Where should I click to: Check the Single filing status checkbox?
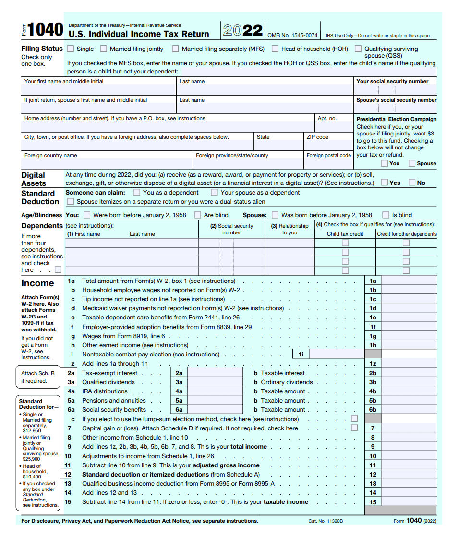click(x=71, y=49)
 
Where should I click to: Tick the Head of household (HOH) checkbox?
click(x=275, y=49)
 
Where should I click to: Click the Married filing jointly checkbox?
click(x=104, y=49)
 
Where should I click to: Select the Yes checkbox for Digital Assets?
click(x=385, y=183)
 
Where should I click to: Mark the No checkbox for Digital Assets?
click(x=412, y=183)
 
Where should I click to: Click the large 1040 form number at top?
click(x=45, y=30)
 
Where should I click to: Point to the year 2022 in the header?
click(x=243, y=31)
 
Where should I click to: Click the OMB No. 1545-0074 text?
click(x=292, y=35)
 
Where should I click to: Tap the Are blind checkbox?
click(x=197, y=215)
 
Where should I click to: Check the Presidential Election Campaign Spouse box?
click(x=412, y=163)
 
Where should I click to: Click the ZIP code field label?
click(x=317, y=137)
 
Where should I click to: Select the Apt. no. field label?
click(x=327, y=118)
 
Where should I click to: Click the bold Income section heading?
click(x=37, y=283)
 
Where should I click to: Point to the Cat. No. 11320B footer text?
click(x=325, y=521)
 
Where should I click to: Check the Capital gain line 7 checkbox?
click(x=354, y=428)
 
